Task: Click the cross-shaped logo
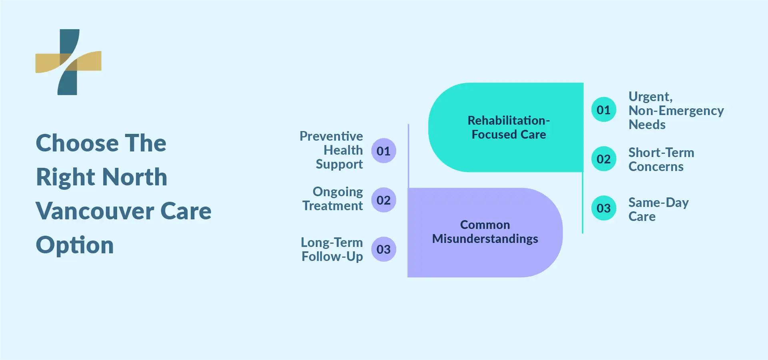[x=68, y=62]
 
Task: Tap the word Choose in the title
[x=77, y=143]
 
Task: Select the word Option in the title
[x=75, y=245]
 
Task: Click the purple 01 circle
[x=383, y=151]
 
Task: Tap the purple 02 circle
[x=383, y=200]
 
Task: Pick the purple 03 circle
[x=383, y=249]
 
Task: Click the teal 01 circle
[x=604, y=109]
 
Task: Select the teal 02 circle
[x=604, y=159]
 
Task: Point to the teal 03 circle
[x=604, y=208]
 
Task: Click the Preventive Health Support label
[x=331, y=150]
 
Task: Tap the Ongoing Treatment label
[x=333, y=199]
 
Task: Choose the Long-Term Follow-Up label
[x=332, y=249]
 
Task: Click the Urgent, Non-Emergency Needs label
[x=676, y=110]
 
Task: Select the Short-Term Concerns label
[x=661, y=159]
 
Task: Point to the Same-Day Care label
[x=658, y=209]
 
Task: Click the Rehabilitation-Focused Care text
[x=509, y=127]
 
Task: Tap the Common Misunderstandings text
[x=485, y=232]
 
